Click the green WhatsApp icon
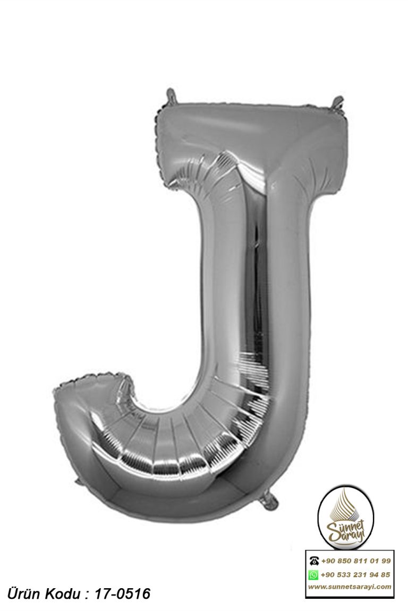[313, 575]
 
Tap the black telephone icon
[313, 561]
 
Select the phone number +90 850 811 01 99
[356, 561]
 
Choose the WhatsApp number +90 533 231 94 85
[356, 575]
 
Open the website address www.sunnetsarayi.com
[350, 587]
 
